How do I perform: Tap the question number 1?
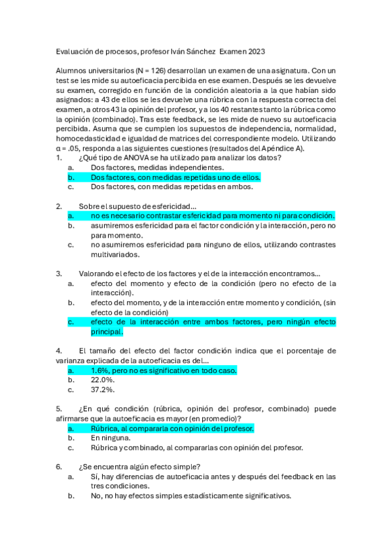coord(59,158)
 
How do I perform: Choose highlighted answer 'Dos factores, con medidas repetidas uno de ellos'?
coord(175,177)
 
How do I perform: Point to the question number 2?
coord(59,206)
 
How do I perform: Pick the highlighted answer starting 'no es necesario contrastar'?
coord(212,215)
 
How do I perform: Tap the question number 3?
coord(59,273)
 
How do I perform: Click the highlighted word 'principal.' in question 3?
coord(107,331)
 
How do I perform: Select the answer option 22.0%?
coord(103,380)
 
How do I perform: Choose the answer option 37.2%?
coord(103,389)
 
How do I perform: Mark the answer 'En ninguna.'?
coord(111,438)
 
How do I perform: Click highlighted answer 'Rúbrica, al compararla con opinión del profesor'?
coord(172,428)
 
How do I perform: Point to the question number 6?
coord(59,467)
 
